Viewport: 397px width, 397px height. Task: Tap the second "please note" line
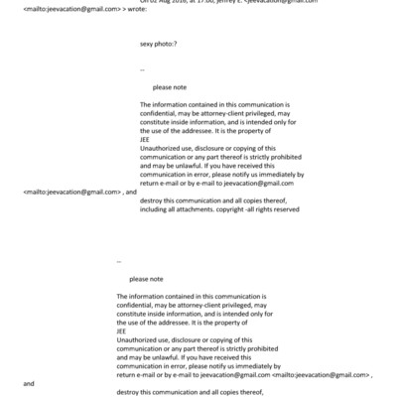click(146, 279)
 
